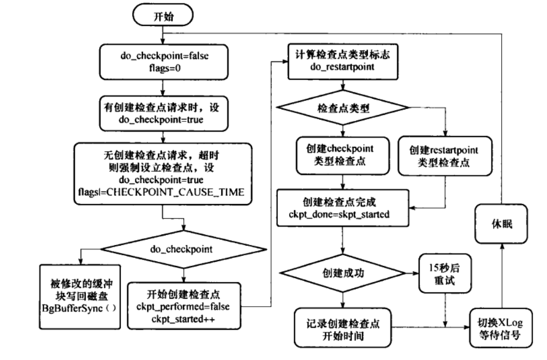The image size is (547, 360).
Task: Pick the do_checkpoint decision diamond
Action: point(184,249)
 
